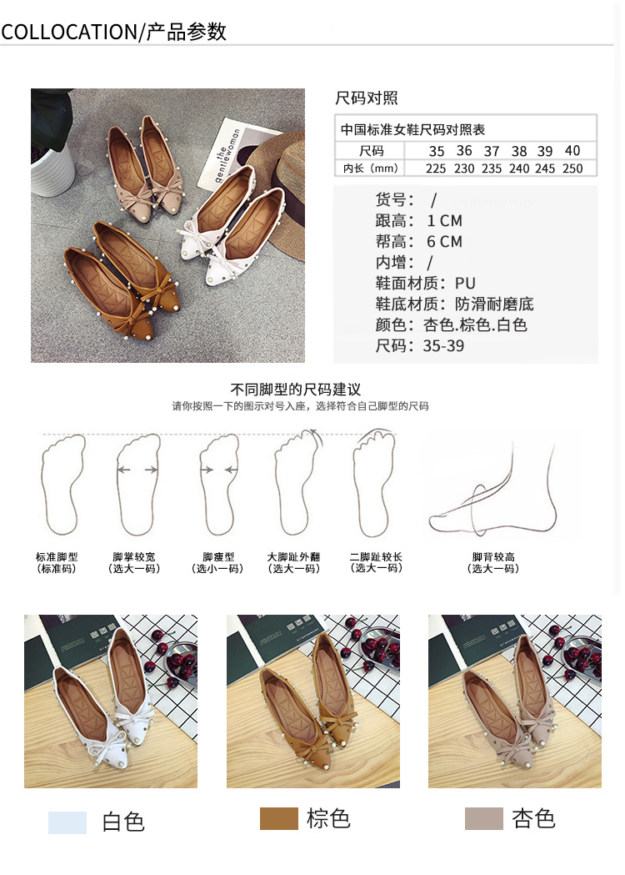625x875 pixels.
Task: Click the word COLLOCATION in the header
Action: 68,32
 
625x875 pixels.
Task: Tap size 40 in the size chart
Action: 572,151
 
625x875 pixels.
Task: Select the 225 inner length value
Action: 436,168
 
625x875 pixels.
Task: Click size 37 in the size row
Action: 491,151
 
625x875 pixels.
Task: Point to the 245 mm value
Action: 545,168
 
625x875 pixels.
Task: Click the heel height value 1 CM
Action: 444,221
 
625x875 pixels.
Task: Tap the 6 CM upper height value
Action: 444,242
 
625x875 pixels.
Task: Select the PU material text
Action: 465,284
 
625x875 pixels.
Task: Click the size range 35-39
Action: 443,346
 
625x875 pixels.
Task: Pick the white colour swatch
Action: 67,822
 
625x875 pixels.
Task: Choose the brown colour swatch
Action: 279,818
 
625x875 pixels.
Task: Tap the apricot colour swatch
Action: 484,818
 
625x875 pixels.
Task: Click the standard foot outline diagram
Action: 63,484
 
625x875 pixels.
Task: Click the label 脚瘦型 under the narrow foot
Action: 218,557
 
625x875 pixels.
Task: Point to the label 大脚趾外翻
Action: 293,557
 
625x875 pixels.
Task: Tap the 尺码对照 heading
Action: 367,98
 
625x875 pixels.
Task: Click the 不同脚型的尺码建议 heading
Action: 296,389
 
